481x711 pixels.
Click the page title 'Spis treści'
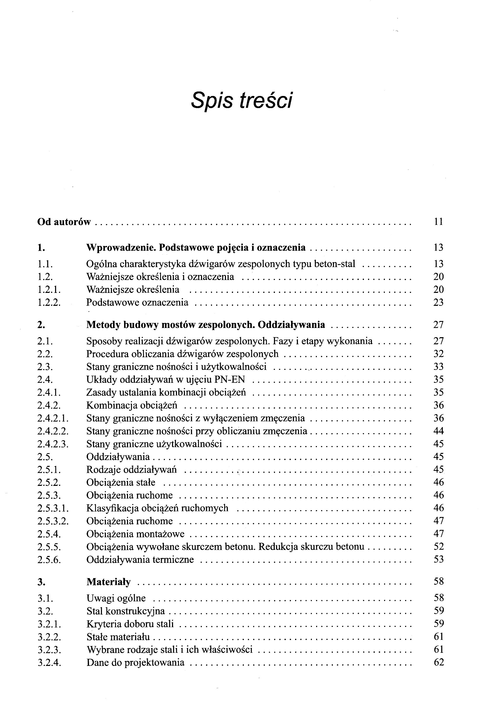click(241, 100)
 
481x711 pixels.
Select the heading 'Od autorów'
click(64, 221)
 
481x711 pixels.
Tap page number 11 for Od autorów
click(438, 221)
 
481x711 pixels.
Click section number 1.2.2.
click(49, 302)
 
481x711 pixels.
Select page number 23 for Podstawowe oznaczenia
click(438, 302)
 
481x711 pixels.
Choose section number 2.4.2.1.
click(53, 418)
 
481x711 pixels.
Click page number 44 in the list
click(438, 431)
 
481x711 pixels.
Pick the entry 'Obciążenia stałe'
click(121, 482)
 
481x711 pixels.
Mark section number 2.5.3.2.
click(53, 521)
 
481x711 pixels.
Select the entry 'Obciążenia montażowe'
click(135, 534)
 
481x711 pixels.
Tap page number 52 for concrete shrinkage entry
click(438, 546)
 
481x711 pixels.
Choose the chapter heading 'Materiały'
click(109, 582)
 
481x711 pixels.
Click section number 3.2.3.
click(49, 649)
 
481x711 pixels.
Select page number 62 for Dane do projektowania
click(438, 662)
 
